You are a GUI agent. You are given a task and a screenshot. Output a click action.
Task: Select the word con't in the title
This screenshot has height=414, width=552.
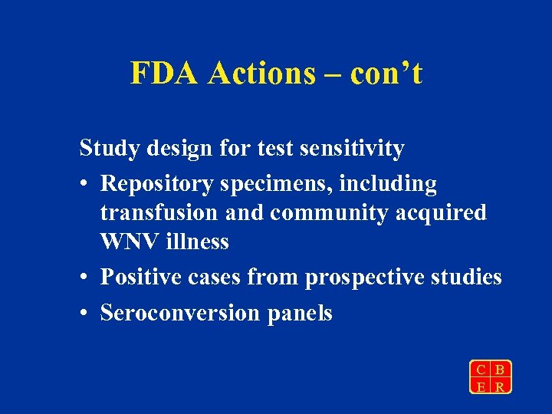[386, 74]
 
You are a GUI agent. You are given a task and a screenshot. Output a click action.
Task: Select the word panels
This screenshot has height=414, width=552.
[300, 314]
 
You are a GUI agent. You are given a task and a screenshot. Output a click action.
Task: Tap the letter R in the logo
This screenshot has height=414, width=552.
[500, 386]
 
